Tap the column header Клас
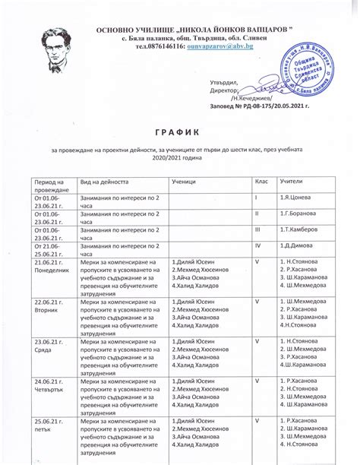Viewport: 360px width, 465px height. (261, 182)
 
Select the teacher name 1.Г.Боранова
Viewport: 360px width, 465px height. (298, 214)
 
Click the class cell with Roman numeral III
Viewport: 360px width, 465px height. (257, 229)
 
